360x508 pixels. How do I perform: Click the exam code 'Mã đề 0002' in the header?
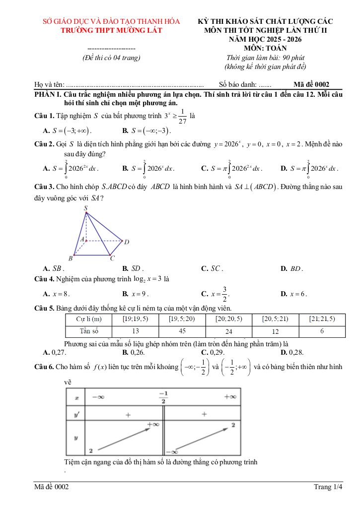(x=311, y=84)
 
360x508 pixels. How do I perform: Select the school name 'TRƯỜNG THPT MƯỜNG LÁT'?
(x=111, y=31)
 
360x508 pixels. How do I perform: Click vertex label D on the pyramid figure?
(x=127, y=242)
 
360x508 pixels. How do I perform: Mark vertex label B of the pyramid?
(x=71, y=258)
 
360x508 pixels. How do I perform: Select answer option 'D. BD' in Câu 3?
(x=291, y=268)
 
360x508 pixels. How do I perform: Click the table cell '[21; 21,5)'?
(x=322, y=319)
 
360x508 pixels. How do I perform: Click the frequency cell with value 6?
(x=322, y=331)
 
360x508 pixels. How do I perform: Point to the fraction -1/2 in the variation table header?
(x=163, y=397)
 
